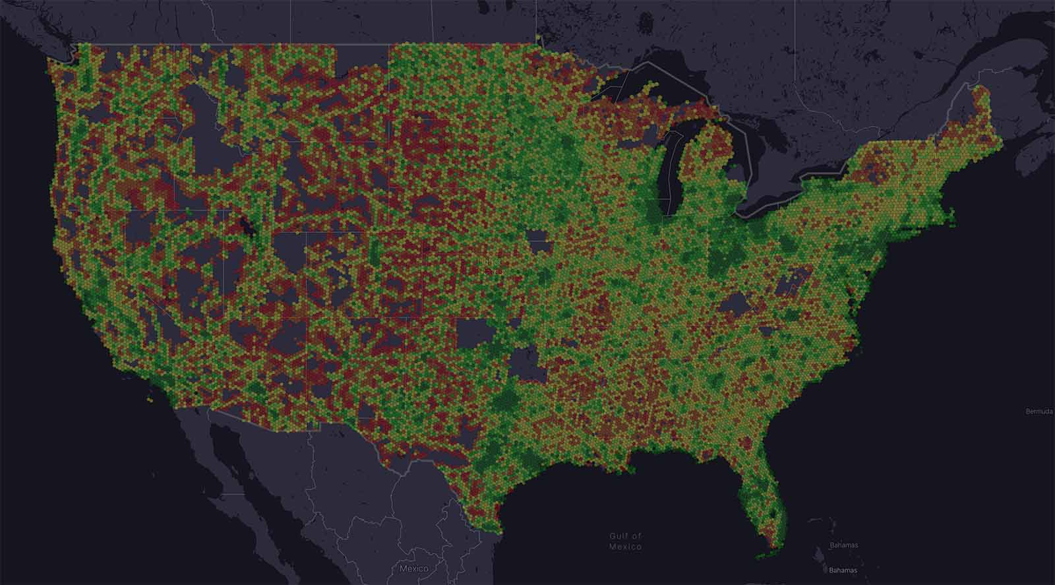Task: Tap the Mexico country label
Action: pos(413,569)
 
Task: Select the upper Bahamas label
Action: pos(843,545)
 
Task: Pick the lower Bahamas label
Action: pos(843,570)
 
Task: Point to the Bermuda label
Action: pos(1039,412)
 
